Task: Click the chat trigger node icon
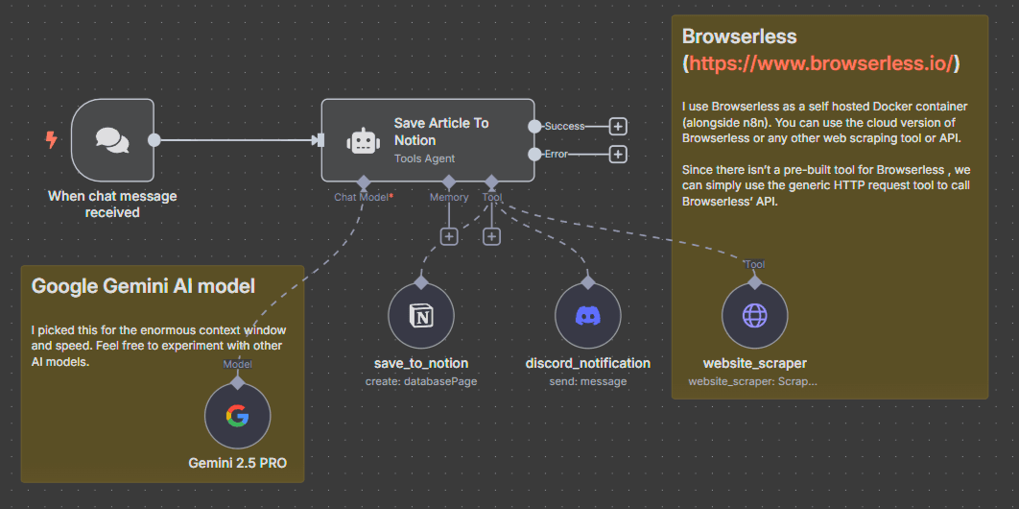tap(112, 140)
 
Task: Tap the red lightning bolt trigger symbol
tap(52, 140)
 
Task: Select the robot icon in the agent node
tap(364, 140)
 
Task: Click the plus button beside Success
tap(618, 126)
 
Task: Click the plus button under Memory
tap(448, 236)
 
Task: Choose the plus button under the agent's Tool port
tap(491, 236)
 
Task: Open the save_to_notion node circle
tap(420, 317)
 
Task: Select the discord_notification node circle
tap(587, 317)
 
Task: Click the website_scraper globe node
tap(754, 317)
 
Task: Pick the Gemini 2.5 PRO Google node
tap(237, 416)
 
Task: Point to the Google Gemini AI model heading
tap(143, 285)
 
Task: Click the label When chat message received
tap(112, 204)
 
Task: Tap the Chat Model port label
tap(363, 197)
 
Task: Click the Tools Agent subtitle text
tap(424, 158)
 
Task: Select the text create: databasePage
tap(420, 381)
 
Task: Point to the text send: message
tap(587, 381)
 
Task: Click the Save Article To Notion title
tap(441, 132)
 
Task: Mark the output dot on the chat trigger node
tap(154, 140)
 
